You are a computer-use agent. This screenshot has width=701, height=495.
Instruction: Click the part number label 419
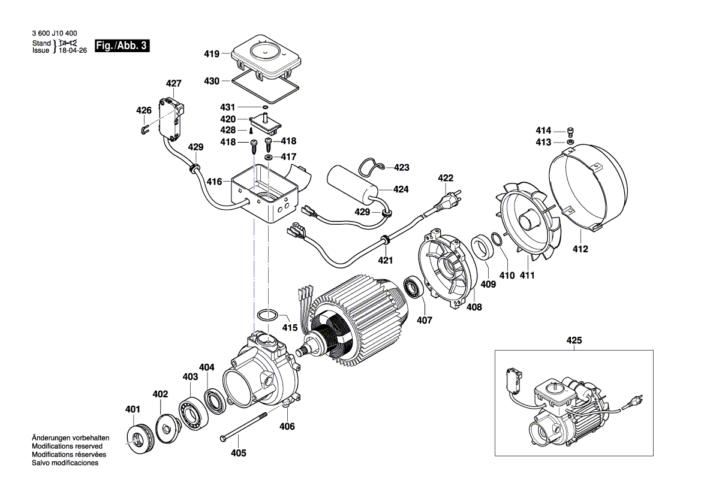pos(212,53)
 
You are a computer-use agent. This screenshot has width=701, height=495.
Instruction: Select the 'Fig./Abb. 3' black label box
pos(122,46)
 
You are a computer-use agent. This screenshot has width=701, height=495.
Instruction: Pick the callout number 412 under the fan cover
pos(580,249)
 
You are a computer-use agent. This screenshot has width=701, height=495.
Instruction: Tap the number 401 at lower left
pos(132,409)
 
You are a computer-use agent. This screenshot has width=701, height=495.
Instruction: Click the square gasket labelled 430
pos(265,86)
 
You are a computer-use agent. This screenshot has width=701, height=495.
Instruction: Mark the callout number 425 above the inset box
pos(574,342)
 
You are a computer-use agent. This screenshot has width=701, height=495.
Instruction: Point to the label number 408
pos(474,307)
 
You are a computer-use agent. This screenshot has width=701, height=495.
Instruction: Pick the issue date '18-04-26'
pos(73,51)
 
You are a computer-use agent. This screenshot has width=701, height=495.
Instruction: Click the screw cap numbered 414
pos(570,132)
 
